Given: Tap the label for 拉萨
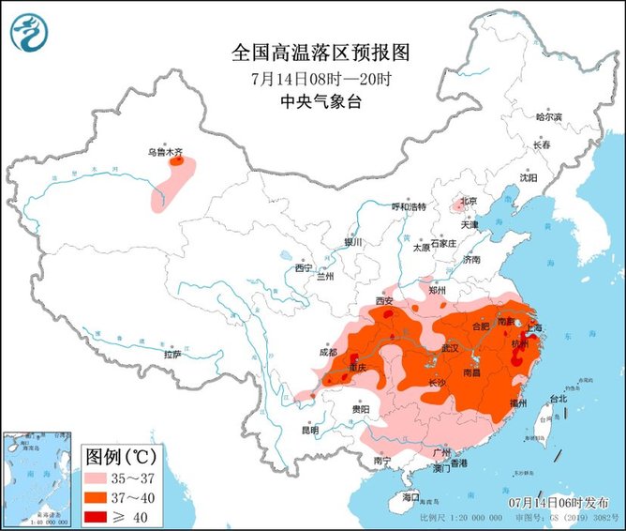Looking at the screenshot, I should (x=172, y=355).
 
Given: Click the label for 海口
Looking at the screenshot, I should (x=410, y=495).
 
